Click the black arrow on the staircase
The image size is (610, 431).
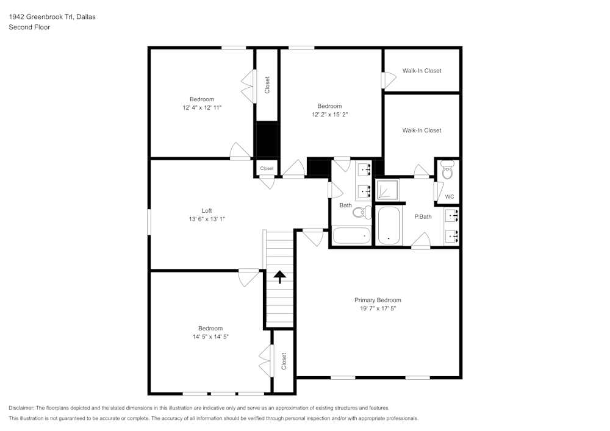click(279, 277)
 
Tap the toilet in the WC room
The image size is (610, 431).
click(448, 170)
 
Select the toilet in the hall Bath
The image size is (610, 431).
click(362, 213)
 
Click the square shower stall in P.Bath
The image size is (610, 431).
click(387, 190)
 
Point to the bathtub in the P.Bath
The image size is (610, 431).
click(389, 226)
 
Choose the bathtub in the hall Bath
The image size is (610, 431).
click(351, 235)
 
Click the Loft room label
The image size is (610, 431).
click(207, 210)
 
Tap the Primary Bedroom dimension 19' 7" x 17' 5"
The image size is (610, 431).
click(378, 308)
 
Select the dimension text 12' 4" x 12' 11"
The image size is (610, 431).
click(202, 107)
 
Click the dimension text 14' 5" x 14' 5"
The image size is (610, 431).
click(210, 336)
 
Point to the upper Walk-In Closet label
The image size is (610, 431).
click(422, 71)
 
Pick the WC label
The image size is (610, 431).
click(450, 196)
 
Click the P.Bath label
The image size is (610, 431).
click(423, 216)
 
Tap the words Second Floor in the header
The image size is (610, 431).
click(29, 27)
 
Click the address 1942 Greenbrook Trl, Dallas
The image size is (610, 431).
click(52, 17)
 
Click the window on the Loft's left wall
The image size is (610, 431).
click(149, 221)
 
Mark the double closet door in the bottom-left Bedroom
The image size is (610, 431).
click(264, 362)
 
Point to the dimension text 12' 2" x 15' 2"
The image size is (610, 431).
click(329, 114)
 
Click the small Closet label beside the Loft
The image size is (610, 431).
click(267, 168)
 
